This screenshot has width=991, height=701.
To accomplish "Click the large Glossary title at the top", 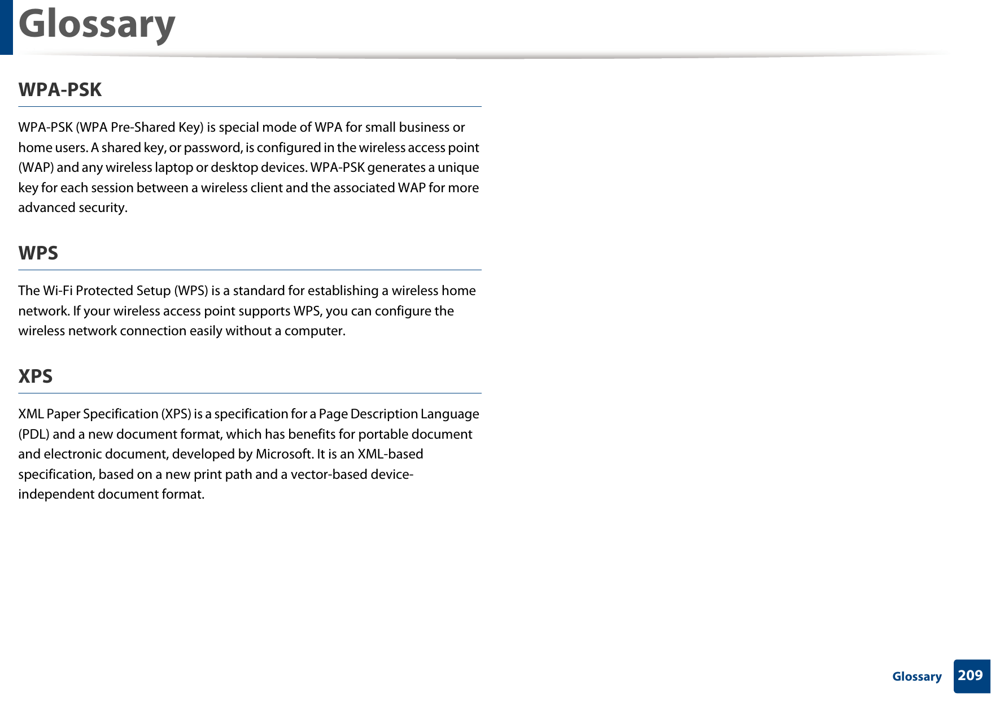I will [x=97, y=25].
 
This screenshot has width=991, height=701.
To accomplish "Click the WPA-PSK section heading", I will [x=60, y=90].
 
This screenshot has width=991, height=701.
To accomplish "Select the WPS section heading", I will [x=38, y=253].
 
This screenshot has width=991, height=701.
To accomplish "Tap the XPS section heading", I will [x=35, y=377].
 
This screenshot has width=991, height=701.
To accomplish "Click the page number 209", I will [x=970, y=676].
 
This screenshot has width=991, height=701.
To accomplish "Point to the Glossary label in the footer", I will [x=916, y=677].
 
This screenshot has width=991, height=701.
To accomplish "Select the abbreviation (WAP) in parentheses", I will [x=36, y=168].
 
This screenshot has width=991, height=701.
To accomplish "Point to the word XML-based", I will [x=390, y=454].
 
